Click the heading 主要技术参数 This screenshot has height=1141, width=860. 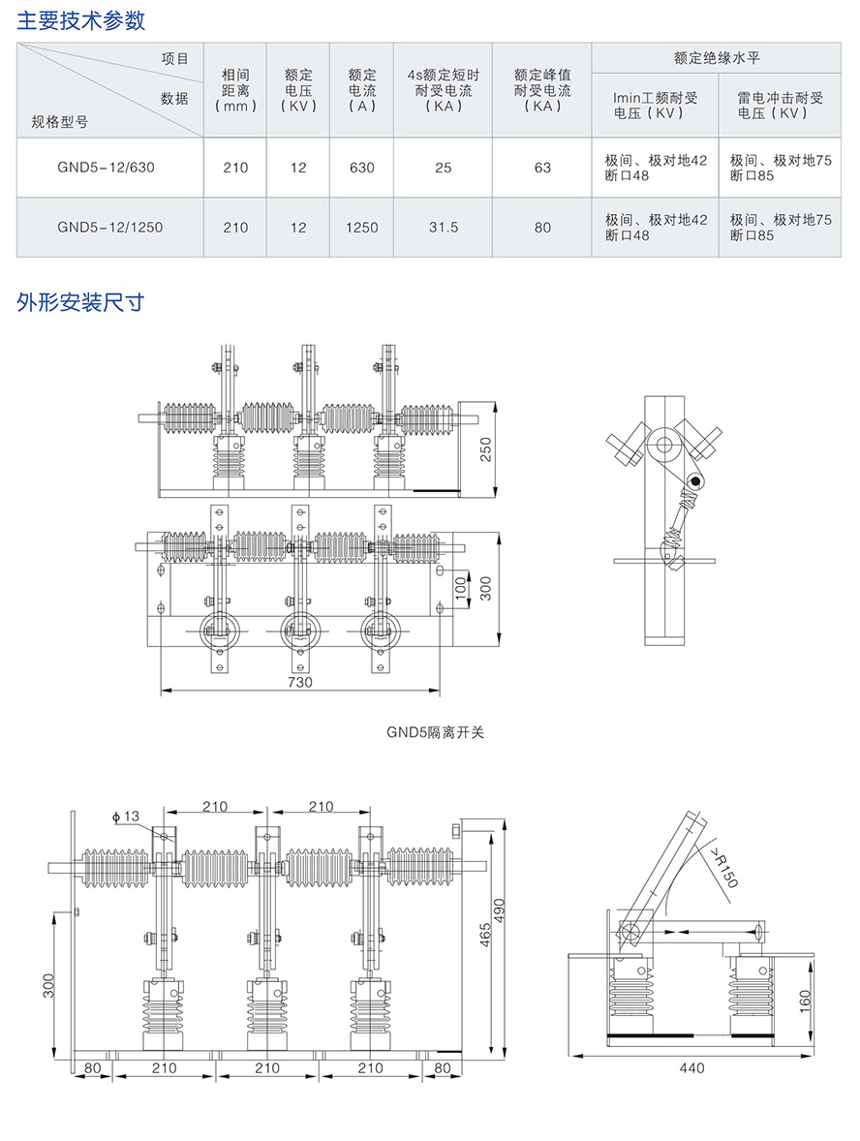(81, 19)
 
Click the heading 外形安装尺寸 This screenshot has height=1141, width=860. (81, 301)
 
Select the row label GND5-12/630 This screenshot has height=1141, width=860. (106, 168)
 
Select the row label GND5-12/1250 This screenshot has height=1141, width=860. (109, 228)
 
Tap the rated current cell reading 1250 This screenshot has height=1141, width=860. (361, 228)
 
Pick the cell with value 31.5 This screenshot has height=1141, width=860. (443, 228)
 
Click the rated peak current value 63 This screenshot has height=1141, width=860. (542, 168)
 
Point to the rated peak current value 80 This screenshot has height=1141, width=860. (542, 228)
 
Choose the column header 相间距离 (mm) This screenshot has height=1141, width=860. (235, 90)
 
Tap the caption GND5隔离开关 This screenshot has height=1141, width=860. (435, 732)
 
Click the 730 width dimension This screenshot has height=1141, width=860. (300, 682)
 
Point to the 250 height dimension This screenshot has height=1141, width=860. (487, 448)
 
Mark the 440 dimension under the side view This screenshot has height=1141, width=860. (691, 1068)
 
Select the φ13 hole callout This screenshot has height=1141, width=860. (127, 817)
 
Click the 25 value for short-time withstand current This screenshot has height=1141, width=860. (443, 168)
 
